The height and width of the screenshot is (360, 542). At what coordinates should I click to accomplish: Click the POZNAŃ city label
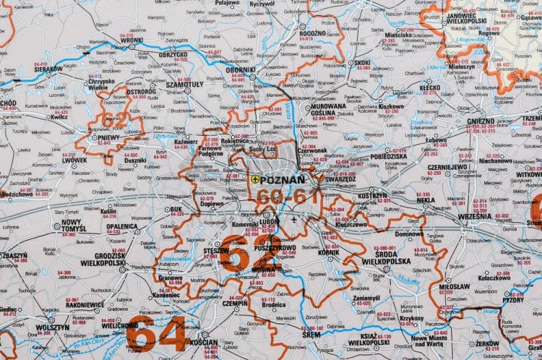pos(283,180)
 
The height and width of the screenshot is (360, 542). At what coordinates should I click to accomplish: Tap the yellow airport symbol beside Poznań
pos(254,180)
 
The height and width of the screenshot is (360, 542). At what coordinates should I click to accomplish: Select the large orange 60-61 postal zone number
pos(283,197)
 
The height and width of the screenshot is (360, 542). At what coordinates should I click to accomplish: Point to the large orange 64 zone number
pos(155,334)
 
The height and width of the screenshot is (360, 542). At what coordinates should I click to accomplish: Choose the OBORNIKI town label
pos(241,69)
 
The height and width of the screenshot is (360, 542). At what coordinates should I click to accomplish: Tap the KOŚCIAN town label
pos(204,341)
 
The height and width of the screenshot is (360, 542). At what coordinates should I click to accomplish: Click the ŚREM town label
pos(311,335)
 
